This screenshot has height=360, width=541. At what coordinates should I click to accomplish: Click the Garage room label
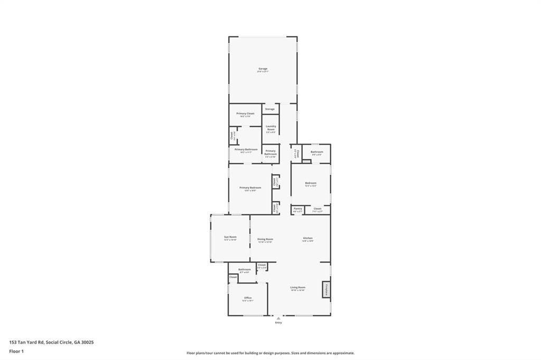263,69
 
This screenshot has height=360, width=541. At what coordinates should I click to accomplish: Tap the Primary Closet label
245,113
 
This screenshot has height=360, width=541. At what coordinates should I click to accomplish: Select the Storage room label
270,109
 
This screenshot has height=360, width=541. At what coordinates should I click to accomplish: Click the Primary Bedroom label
250,187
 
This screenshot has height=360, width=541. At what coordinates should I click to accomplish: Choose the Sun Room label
230,237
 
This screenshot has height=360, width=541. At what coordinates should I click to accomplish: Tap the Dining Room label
265,239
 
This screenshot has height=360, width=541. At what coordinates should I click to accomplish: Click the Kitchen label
308,238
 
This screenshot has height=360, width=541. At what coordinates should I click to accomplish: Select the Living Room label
298,287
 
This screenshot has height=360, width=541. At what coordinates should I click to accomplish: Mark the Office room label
248,298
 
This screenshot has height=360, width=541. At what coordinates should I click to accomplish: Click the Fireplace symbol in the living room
327,290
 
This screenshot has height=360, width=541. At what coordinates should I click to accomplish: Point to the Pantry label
298,209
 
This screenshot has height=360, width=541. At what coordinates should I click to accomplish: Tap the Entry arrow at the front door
278,318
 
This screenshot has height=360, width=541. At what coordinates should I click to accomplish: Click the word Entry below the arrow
278,323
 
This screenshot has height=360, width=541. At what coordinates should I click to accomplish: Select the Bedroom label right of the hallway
311,183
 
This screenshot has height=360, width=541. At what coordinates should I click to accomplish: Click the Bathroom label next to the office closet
244,270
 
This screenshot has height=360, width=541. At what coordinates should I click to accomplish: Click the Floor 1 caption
17,351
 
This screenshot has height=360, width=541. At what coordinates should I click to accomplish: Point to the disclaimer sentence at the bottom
270,353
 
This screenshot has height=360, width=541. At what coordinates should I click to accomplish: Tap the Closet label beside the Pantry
317,209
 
